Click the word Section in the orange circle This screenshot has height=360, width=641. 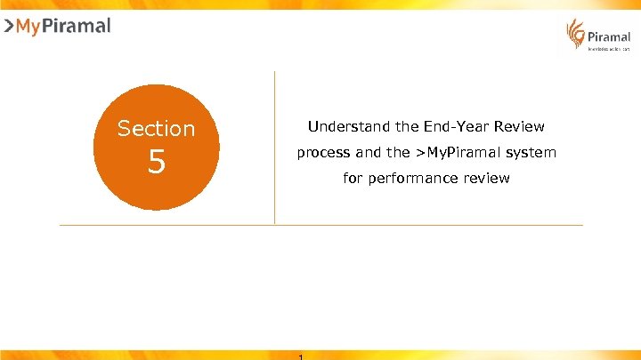point(157,129)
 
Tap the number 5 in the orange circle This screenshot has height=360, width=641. point(157,163)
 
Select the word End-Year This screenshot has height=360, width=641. point(432,126)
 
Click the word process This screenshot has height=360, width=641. point(324,153)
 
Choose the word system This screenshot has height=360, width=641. point(531,153)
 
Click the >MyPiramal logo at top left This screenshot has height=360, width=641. point(58,27)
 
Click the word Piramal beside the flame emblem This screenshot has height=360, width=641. point(609,37)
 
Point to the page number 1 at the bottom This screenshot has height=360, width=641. point(302,356)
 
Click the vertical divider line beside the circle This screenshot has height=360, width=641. point(274,147)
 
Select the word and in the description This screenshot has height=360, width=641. point(368,153)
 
